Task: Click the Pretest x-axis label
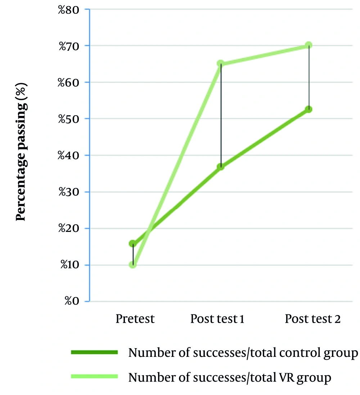135,319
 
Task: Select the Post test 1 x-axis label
217,319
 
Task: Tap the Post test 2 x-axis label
312,319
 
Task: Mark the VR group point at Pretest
133,265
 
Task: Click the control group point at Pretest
133,244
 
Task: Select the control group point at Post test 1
221,167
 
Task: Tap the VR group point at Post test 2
309,45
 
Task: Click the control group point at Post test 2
309,109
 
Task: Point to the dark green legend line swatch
95,353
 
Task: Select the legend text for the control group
243,353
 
